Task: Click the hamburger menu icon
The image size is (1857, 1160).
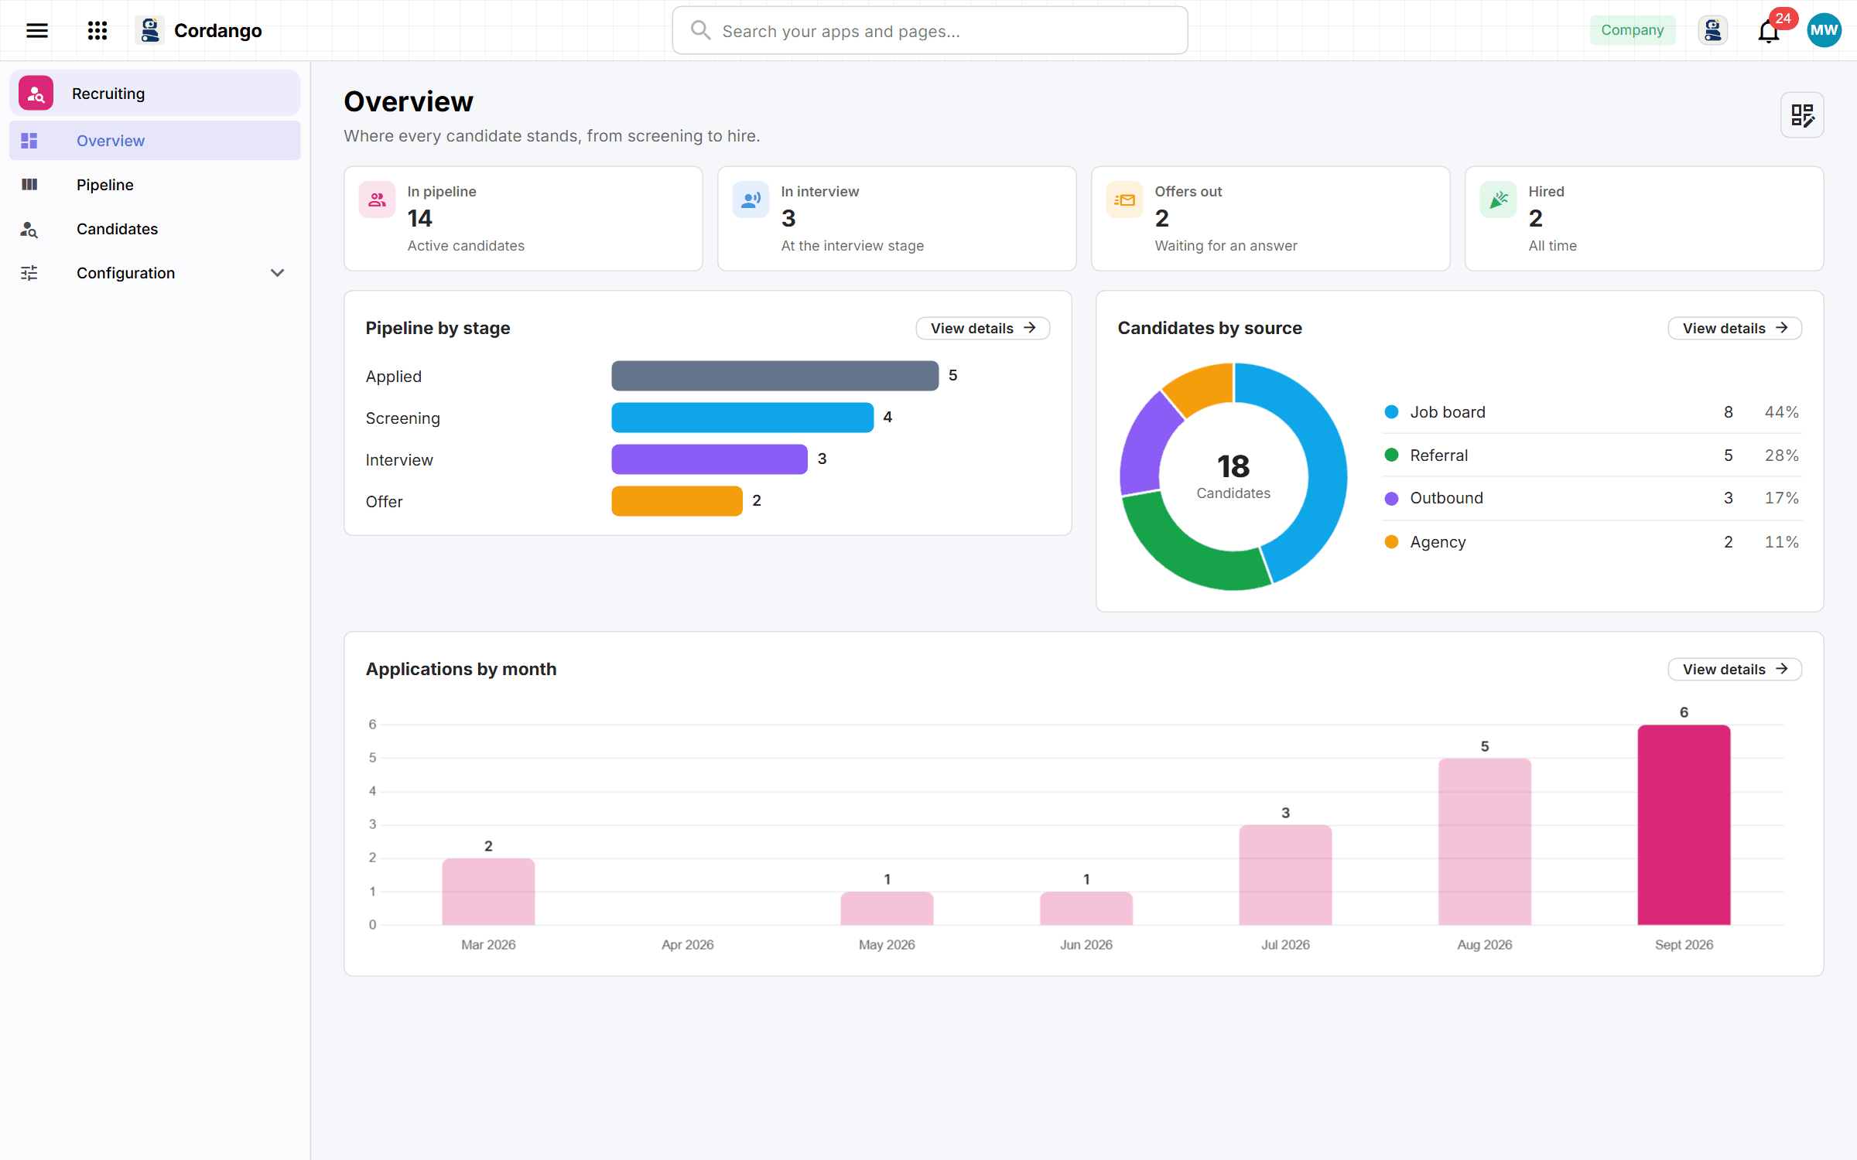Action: click(x=37, y=30)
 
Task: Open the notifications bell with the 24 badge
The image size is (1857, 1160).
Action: click(x=1769, y=31)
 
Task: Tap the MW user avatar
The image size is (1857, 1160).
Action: click(x=1824, y=30)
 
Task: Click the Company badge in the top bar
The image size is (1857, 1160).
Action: click(x=1633, y=30)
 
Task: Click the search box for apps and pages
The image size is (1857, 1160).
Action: click(x=930, y=31)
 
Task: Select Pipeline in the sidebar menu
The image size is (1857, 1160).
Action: click(x=104, y=185)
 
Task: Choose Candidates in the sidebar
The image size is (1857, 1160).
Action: click(x=117, y=229)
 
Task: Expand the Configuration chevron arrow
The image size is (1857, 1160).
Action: click(x=277, y=273)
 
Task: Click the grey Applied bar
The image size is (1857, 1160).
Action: click(x=775, y=376)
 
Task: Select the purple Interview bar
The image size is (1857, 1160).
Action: click(x=710, y=459)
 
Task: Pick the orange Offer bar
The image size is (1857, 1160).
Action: click(x=677, y=501)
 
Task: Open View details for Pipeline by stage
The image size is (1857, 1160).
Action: click(x=983, y=328)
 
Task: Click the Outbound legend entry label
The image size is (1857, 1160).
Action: click(x=1446, y=498)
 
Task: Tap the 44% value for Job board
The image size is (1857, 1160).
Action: click(x=1781, y=412)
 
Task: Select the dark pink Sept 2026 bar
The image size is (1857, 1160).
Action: click(x=1684, y=824)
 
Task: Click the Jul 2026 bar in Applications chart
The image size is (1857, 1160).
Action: click(x=1285, y=875)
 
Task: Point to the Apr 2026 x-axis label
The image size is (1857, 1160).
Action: click(x=687, y=945)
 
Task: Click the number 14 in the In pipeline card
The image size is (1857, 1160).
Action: click(x=419, y=219)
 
